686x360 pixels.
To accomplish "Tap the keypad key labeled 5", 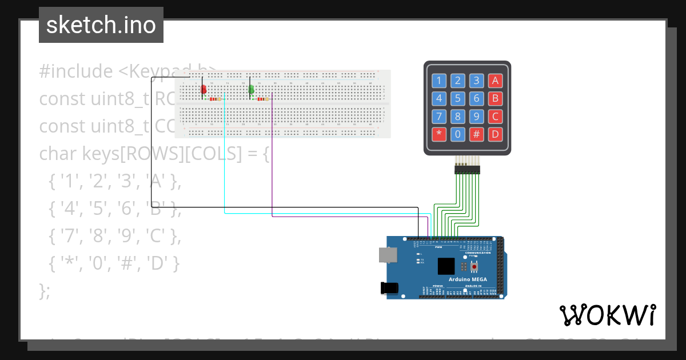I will click(457, 98).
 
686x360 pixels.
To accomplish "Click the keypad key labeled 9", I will click(476, 117).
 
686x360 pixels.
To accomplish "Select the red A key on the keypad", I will click(495, 81).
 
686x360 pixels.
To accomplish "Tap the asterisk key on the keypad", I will click(439, 135).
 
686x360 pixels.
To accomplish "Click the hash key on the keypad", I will click(476, 135).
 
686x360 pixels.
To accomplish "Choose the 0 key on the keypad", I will click(457, 135).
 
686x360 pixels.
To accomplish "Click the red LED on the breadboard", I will click(203, 89).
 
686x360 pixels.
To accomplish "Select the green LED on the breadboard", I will click(251, 89).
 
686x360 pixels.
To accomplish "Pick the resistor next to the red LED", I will click(214, 99).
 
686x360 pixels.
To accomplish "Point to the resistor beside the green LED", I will click(262, 99).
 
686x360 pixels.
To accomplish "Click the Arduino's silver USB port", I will click(388, 255).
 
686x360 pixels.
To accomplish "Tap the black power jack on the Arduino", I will click(389, 289).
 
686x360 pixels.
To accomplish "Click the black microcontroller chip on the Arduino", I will click(446, 266).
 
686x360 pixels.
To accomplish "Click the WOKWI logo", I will click(607, 315).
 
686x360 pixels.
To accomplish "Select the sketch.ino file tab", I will click(101, 25).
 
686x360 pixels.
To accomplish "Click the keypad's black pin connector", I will click(468, 169).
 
